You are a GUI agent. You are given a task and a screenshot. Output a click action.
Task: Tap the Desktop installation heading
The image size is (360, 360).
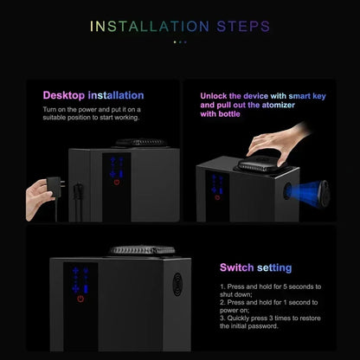click(x=93, y=95)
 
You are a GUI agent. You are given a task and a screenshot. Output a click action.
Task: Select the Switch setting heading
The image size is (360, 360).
click(x=255, y=267)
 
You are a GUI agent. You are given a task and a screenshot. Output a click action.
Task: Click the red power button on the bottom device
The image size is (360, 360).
click(x=80, y=299)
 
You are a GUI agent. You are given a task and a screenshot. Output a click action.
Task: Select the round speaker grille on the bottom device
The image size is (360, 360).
click(x=177, y=281)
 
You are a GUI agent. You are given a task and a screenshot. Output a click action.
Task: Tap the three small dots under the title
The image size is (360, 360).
click(x=180, y=41)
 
